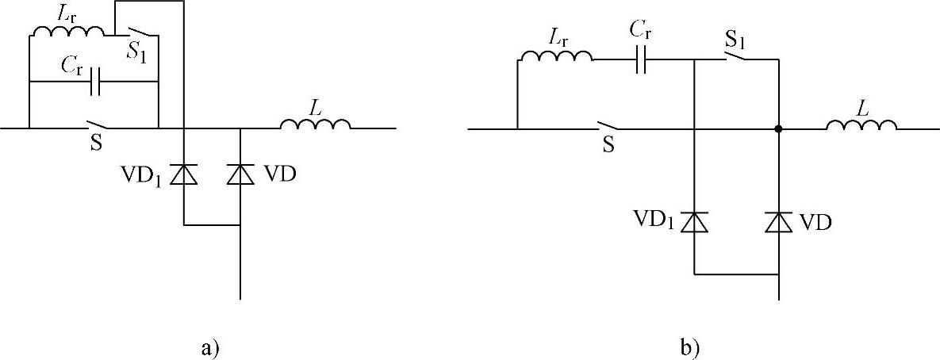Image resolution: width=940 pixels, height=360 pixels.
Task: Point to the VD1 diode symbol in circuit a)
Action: tap(184, 174)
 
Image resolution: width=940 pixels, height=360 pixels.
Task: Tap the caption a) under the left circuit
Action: tap(209, 347)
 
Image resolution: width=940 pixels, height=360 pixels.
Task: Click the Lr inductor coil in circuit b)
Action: tap(555, 56)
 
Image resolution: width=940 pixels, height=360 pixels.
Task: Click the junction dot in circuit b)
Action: tap(779, 128)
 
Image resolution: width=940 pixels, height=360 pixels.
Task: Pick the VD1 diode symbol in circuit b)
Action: tap(694, 222)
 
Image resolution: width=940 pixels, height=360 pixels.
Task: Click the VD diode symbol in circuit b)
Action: tap(779, 222)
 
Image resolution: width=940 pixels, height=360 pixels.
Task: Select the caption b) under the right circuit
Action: tap(690, 347)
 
